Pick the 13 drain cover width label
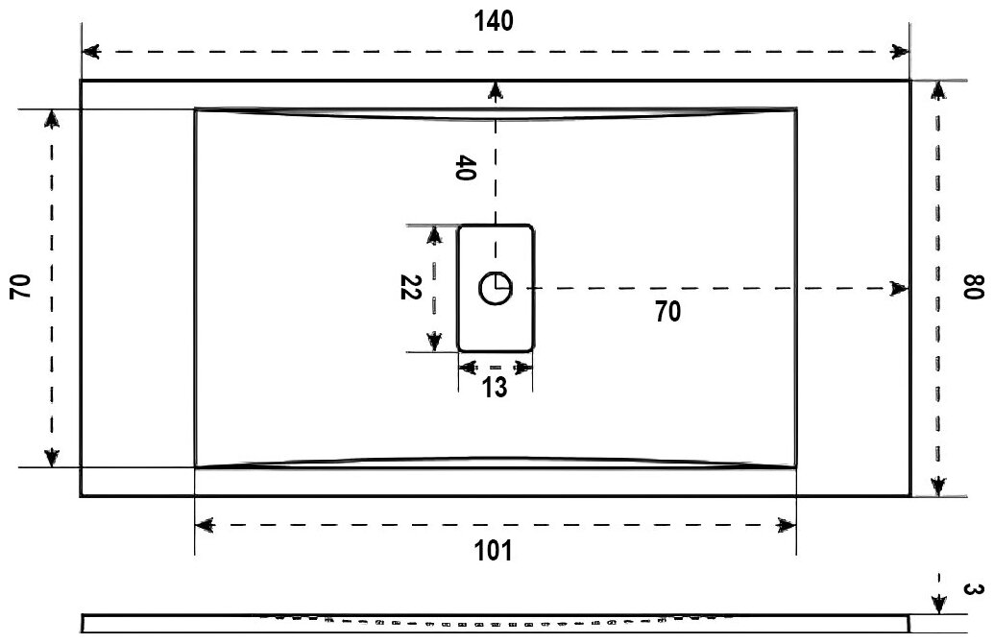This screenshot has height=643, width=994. click(495, 387)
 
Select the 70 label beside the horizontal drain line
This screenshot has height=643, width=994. click(668, 311)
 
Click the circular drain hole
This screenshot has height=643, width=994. click(496, 288)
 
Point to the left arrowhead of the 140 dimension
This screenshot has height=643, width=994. click(91, 51)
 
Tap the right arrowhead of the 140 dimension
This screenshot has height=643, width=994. click(900, 51)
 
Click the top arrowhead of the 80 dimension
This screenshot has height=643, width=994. click(938, 90)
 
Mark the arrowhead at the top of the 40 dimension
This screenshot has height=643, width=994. click(495, 91)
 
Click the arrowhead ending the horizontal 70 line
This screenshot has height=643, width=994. click(899, 288)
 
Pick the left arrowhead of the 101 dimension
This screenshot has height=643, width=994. click(206, 525)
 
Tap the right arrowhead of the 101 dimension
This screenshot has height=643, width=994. click(787, 525)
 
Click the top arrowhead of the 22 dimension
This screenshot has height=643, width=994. click(434, 235)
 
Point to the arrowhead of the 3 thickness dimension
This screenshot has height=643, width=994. click(938, 604)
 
